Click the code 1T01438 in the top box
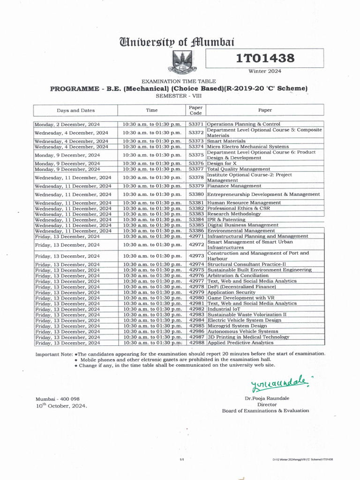coord(265,58)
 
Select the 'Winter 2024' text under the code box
coord(264,71)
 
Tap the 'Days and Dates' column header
coord(75,111)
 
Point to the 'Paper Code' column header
coord(195,110)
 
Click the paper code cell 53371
coord(195,124)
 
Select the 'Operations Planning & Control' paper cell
coord(244,124)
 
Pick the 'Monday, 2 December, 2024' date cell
coord(67,124)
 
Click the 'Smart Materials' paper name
coord(226,141)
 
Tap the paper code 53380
coord(195,194)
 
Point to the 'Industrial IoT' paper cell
coord(223,309)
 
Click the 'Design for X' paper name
coord(222,164)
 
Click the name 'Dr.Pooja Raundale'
coord(267,398)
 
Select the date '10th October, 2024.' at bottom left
coord(61,406)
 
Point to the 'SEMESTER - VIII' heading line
coord(180,96)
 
